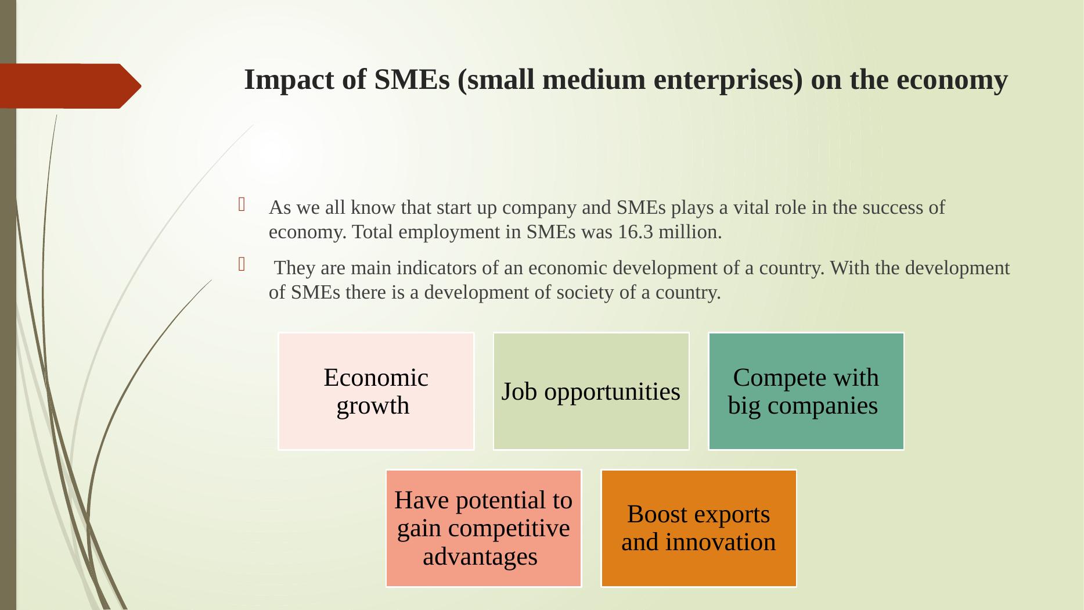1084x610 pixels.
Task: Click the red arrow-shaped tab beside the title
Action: (x=70, y=86)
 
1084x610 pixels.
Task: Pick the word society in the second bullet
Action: (x=585, y=293)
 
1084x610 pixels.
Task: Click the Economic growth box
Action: (x=376, y=391)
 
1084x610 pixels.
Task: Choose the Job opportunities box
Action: (x=591, y=391)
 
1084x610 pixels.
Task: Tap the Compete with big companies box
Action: (x=806, y=391)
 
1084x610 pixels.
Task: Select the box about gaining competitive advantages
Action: (x=484, y=528)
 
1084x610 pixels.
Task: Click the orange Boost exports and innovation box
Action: (x=698, y=528)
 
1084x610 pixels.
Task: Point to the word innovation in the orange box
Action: (x=721, y=543)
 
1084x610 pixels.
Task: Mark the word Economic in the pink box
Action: (x=376, y=378)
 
